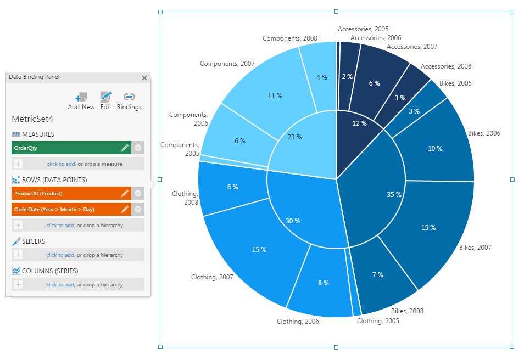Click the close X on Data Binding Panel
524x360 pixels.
tap(144, 78)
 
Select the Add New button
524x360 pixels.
tap(81, 101)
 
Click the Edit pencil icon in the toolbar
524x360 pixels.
tap(106, 101)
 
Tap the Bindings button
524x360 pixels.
tap(129, 101)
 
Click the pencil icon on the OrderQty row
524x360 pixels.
tap(125, 148)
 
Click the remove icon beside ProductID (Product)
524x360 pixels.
tap(138, 193)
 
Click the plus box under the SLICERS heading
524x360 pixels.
tap(18, 255)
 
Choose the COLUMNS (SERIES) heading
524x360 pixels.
tap(49, 271)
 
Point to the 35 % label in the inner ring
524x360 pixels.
tap(394, 194)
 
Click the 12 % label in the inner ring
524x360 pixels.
tap(359, 123)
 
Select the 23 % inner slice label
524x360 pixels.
tap(294, 137)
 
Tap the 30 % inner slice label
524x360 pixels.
tap(293, 221)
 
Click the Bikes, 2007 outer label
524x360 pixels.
tap(475, 248)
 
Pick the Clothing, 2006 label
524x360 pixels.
tap(297, 322)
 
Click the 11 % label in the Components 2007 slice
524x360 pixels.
tap(275, 96)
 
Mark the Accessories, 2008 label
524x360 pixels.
tap(445, 66)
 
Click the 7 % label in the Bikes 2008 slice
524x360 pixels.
tap(377, 274)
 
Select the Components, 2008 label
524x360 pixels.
tap(289, 38)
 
